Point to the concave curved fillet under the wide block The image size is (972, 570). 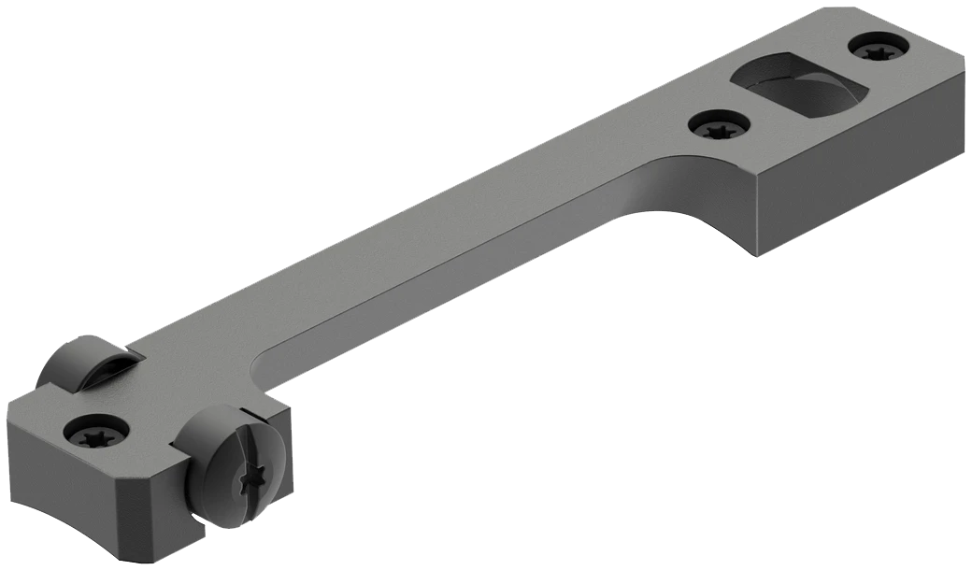click(x=668, y=201)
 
